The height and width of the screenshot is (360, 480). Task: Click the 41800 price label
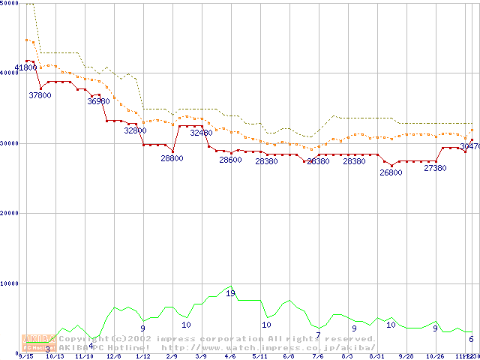point(26,67)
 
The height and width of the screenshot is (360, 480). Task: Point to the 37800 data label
point(40,95)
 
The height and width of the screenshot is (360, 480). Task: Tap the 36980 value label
point(99,101)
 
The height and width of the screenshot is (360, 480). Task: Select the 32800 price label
point(136,130)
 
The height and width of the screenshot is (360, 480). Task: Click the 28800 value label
point(172,158)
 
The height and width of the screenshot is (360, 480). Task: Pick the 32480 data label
point(201,133)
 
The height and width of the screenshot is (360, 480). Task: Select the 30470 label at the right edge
point(469,146)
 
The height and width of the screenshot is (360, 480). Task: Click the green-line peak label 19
point(230,293)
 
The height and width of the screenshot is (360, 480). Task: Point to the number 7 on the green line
point(318,335)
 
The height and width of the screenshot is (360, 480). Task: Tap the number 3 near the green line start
point(47,349)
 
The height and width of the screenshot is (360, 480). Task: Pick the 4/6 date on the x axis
point(230,356)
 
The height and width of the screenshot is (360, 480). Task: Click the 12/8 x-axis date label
point(114,356)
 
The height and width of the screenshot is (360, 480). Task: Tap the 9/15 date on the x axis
point(25,356)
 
